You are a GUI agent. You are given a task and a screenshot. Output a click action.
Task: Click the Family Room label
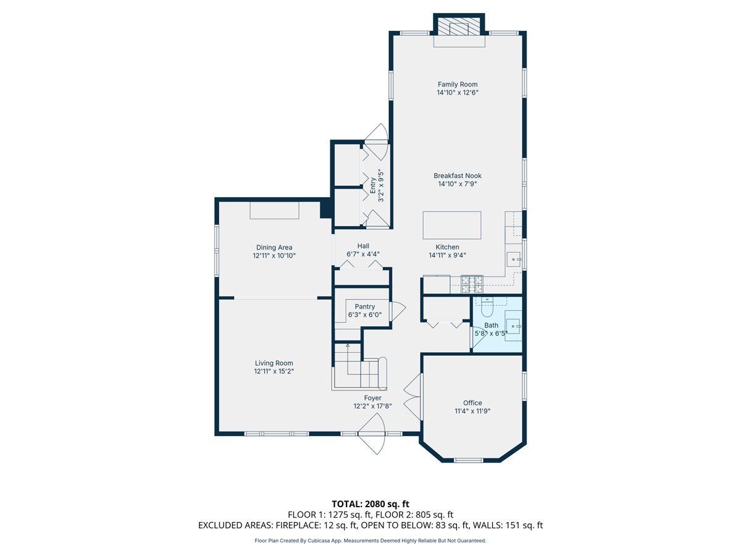click(458, 85)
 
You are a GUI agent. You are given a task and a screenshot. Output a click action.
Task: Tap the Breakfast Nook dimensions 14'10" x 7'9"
click(458, 183)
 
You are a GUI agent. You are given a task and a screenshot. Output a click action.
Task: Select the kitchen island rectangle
click(452, 225)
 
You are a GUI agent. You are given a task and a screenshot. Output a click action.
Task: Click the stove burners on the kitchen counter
click(472, 284)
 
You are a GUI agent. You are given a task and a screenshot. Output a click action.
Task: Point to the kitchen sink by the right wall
click(514, 260)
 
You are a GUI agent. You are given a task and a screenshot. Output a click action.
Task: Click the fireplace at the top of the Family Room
click(459, 28)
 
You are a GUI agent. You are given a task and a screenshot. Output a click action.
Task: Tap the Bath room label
click(491, 325)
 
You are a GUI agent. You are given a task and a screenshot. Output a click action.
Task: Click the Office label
click(472, 403)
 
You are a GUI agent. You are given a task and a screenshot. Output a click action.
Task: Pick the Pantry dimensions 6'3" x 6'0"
click(364, 314)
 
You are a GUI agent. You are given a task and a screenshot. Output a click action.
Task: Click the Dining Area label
click(274, 248)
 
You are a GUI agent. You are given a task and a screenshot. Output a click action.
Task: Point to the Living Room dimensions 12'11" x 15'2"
click(274, 371)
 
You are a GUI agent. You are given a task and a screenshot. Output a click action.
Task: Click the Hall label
click(363, 245)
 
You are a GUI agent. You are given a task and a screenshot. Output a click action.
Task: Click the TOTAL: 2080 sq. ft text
click(370, 504)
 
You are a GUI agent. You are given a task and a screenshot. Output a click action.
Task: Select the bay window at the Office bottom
click(469, 460)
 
